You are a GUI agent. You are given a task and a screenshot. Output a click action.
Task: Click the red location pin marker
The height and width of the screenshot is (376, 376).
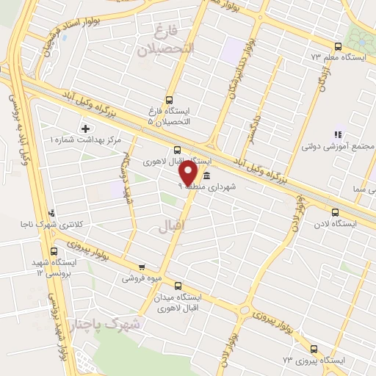pos(188,173)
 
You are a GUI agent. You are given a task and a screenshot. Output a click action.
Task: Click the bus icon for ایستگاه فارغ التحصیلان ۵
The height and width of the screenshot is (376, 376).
pos(170,100)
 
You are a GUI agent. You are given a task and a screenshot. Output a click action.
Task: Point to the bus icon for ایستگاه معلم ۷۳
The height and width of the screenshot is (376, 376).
pos(337,45)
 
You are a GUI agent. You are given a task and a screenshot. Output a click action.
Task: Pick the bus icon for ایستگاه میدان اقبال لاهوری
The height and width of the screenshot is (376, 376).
pos(177,285)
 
